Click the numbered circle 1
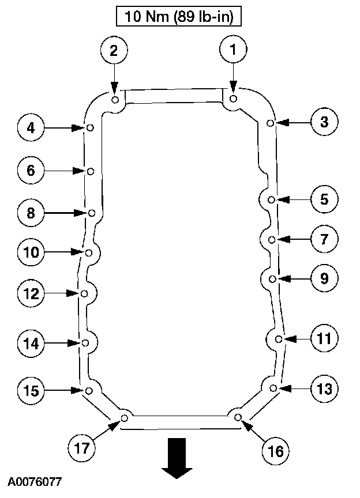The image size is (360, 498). coord(233,51)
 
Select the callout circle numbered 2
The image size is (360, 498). coord(114,51)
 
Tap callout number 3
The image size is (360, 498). coord(324,122)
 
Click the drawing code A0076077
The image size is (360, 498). coord(35,481)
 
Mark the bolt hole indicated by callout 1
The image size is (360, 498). coord(233,99)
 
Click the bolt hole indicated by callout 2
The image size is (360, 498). coord(115,100)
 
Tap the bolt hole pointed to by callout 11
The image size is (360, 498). coord(279,339)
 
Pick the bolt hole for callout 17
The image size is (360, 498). coord(123,418)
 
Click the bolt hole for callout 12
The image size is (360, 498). coord(85,294)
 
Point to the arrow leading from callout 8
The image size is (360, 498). coord(66,213)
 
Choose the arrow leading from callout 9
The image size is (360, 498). coord(294,279)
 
